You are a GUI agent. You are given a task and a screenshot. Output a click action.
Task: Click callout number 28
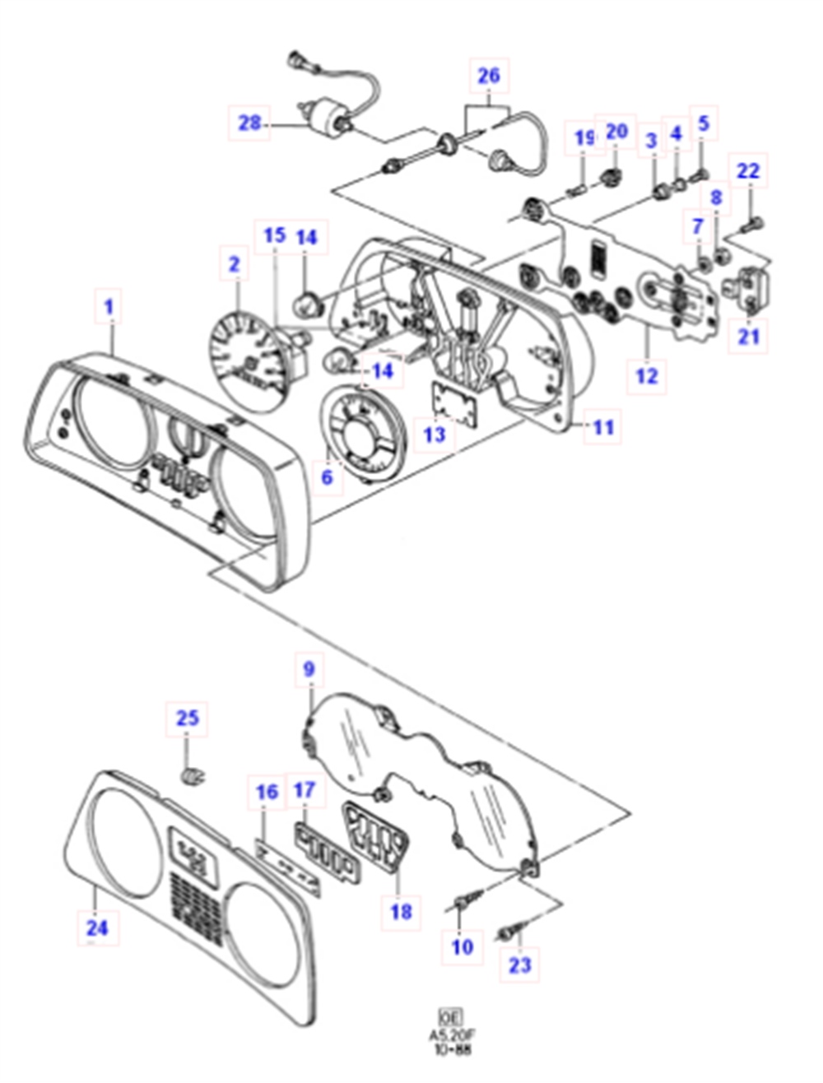click(249, 123)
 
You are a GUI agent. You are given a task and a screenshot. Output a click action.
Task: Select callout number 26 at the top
click(488, 77)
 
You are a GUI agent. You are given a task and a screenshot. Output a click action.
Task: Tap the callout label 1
click(108, 308)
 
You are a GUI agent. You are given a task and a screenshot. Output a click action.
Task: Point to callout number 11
click(603, 427)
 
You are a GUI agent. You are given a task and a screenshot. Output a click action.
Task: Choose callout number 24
click(97, 928)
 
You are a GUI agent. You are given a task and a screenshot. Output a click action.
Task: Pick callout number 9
click(309, 669)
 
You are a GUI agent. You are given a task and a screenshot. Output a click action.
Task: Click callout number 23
click(520, 964)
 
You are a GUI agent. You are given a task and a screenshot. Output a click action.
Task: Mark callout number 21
click(748, 336)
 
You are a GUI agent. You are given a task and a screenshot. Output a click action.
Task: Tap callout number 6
click(328, 476)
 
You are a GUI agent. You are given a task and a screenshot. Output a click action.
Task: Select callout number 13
click(434, 433)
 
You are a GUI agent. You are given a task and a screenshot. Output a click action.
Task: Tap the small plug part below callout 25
click(192, 775)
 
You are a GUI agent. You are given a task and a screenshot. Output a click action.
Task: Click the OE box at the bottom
click(449, 1016)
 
